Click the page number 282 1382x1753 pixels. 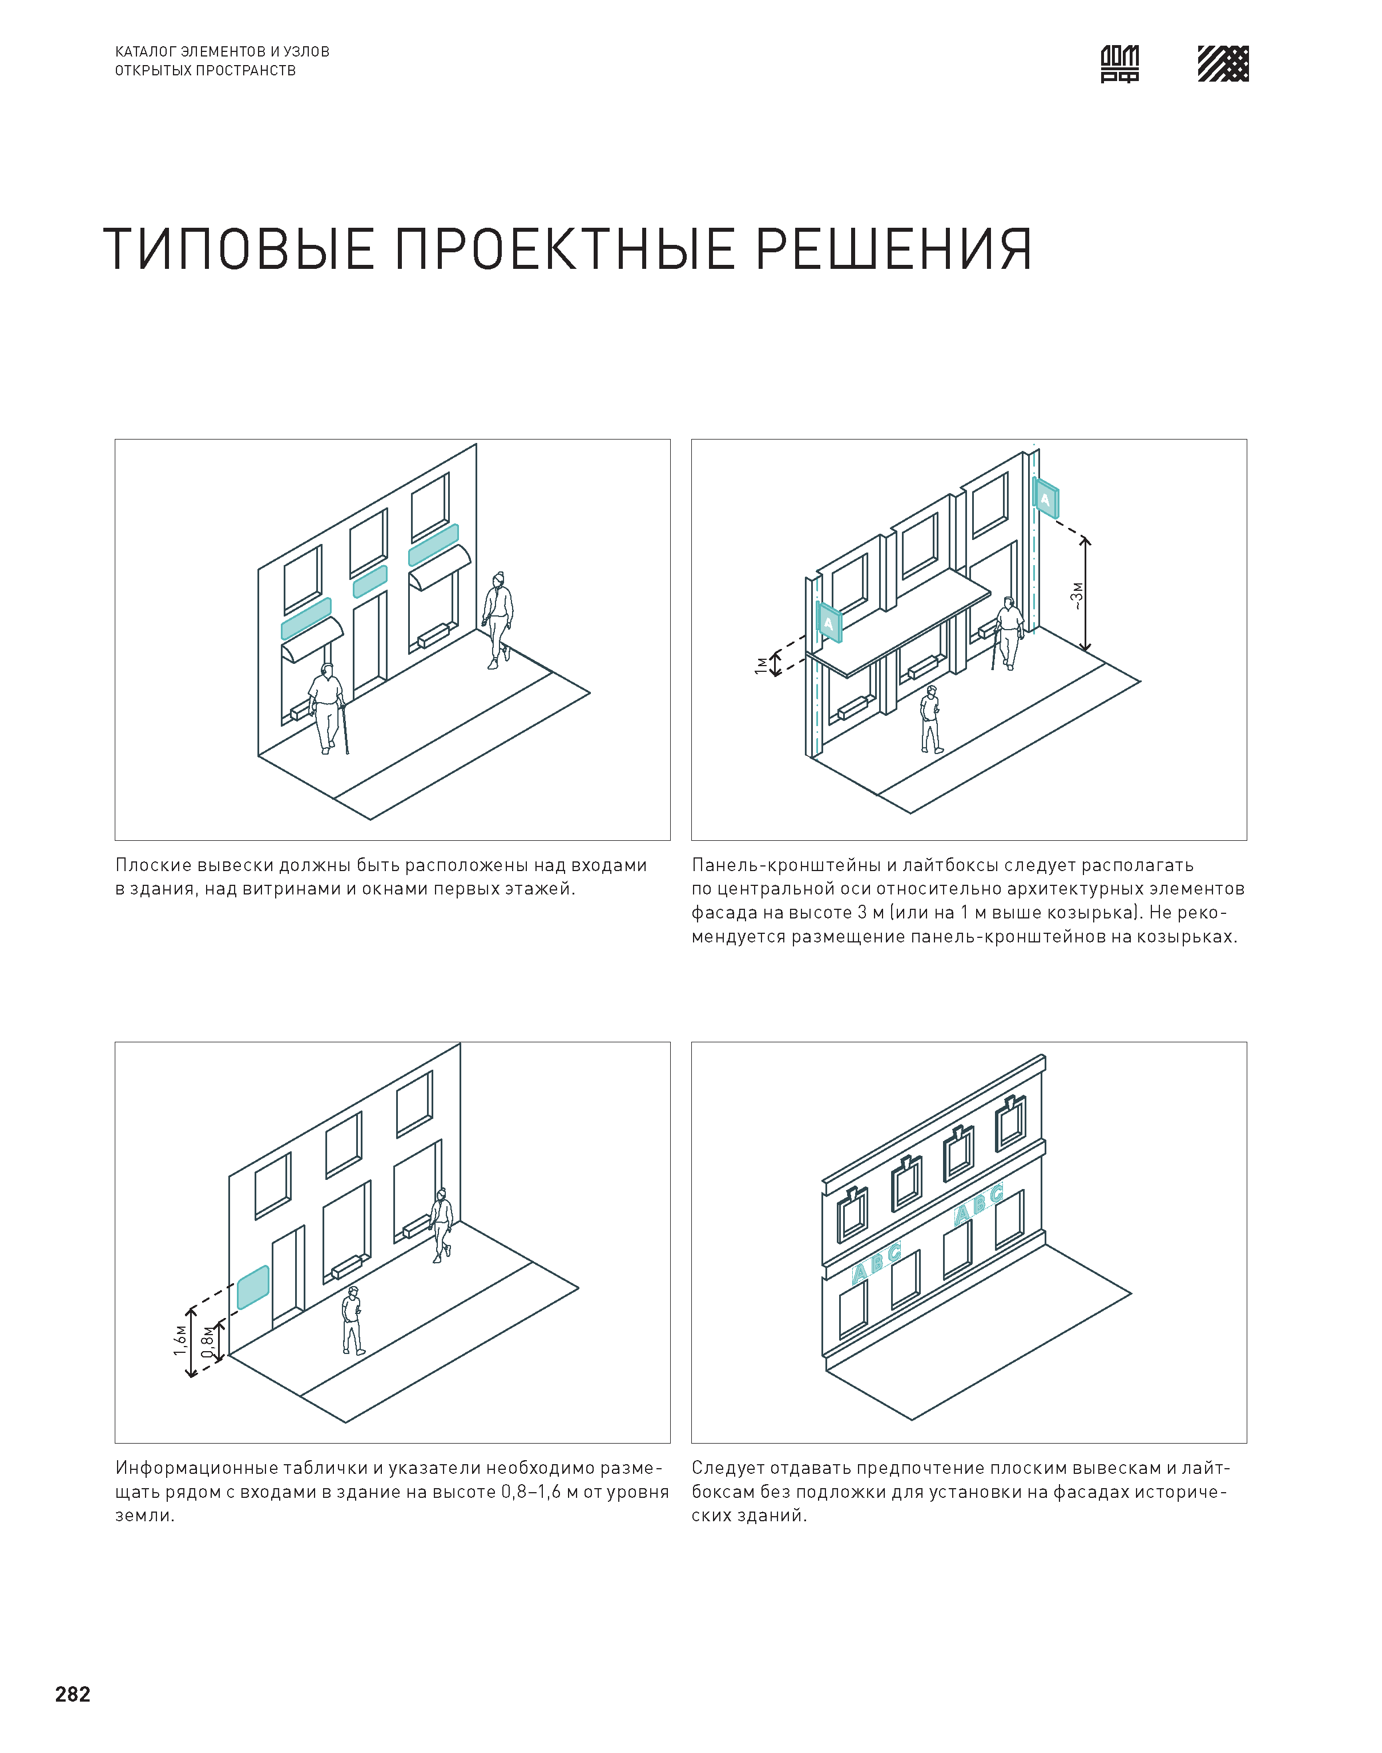coord(73,1694)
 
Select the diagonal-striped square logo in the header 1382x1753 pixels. coord(1223,64)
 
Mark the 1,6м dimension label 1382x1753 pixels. coord(180,1340)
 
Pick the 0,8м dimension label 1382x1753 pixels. coord(208,1341)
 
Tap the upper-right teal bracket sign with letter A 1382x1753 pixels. coord(1045,498)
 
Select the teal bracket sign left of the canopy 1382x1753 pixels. coord(828,622)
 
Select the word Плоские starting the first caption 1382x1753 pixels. coord(154,865)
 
